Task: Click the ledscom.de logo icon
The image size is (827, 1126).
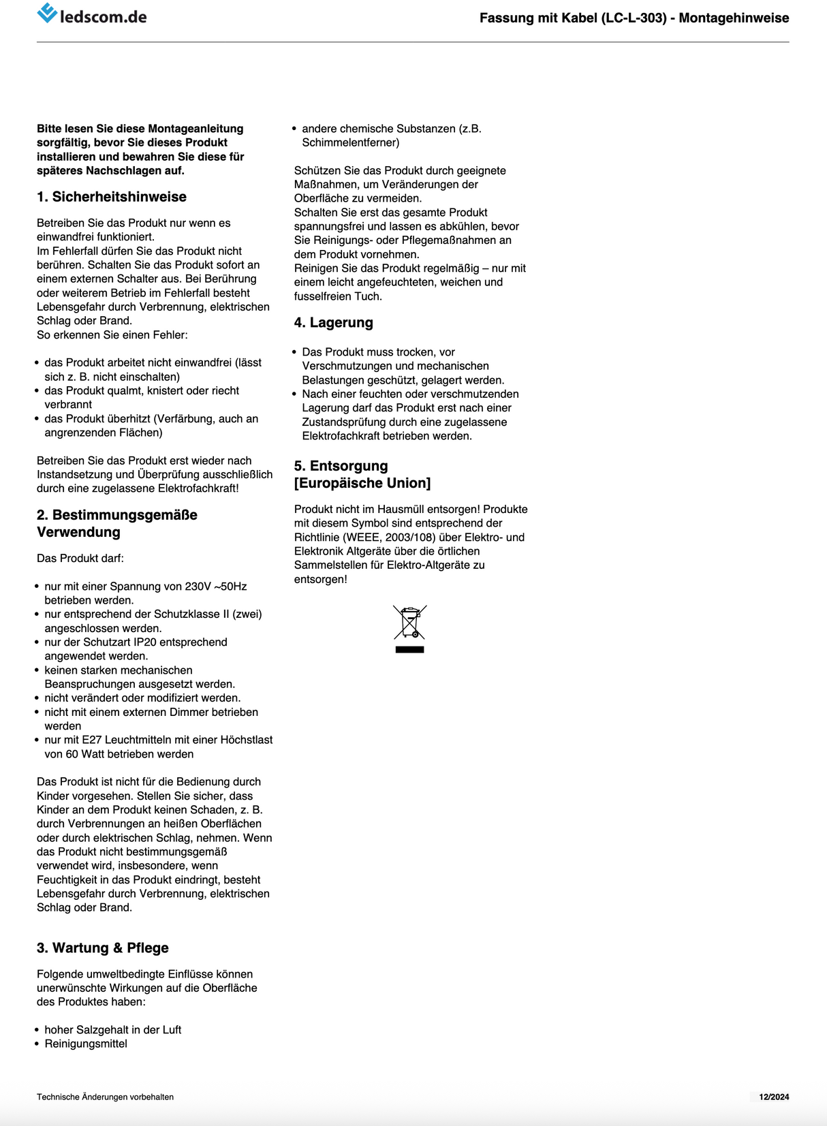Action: (x=47, y=13)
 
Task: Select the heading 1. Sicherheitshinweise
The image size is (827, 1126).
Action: (x=112, y=197)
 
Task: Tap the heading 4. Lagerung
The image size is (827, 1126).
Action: (x=333, y=323)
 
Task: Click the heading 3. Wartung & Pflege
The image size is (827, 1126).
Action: (x=103, y=948)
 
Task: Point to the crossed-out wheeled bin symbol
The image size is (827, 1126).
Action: (x=409, y=622)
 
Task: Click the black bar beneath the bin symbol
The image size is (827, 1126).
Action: (x=409, y=650)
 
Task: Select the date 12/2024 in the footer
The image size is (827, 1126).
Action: (x=774, y=1097)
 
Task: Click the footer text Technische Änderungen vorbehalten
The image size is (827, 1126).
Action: (x=105, y=1097)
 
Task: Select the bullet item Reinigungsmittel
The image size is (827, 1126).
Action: (x=86, y=1044)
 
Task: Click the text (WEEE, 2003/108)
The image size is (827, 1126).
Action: (x=389, y=537)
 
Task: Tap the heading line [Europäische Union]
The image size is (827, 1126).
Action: (x=362, y=483)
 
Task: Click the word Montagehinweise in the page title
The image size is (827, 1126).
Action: (x=734, y=18)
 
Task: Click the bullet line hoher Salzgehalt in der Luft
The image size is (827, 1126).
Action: (x=113, y=1030)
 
